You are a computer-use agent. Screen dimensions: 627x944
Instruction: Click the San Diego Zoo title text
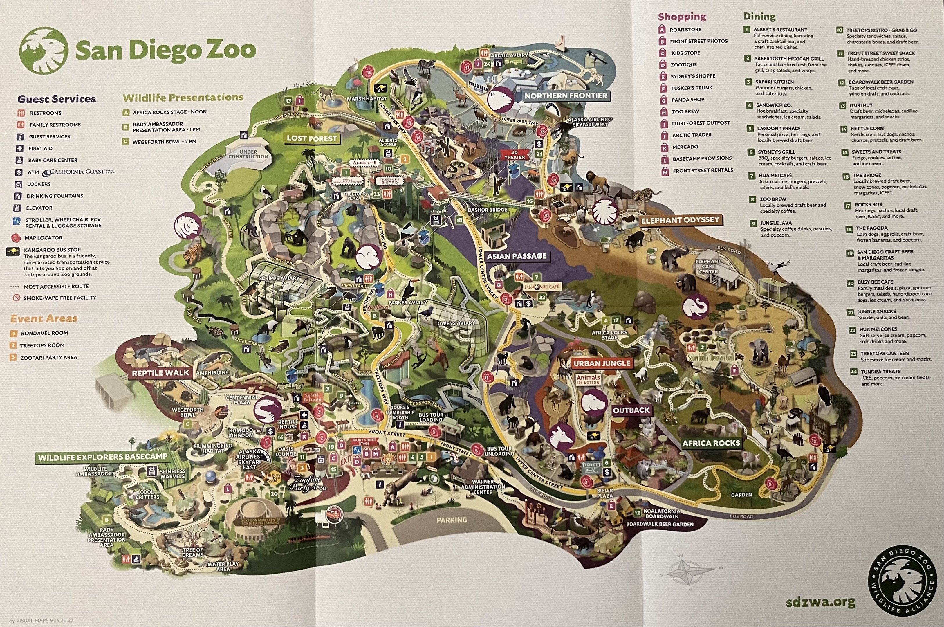[x=165, y=50]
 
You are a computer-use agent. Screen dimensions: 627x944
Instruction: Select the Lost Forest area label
[x=312, y=139]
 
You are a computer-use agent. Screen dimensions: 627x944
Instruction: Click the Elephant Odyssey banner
[x=680, y=220]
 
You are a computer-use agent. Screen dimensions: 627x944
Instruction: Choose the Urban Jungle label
[x=602, y=363]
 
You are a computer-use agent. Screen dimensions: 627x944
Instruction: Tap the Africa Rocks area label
[x=711, y=443]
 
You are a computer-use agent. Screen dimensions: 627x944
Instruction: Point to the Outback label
[x=631, y=410]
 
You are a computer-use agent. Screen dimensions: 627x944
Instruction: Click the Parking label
[x=452, y=520]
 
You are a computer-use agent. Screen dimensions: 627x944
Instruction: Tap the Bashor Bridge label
[x=487, y=210]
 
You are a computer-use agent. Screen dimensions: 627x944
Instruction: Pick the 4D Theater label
[x=514, y=155]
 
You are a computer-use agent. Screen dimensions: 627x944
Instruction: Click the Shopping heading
[x=682, y=17]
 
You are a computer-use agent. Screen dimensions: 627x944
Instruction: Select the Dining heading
[x=759, y=16]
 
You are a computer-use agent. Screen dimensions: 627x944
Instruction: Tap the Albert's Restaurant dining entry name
[x=780, y=30]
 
